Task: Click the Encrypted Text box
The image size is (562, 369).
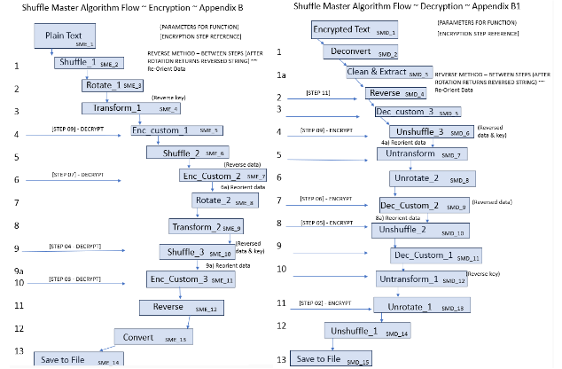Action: [345, 31]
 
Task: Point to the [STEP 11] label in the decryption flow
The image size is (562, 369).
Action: [317, 91]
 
